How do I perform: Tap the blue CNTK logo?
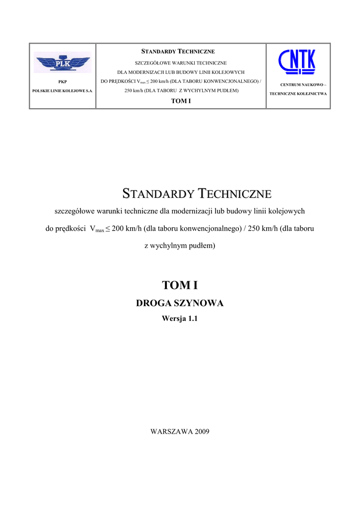pos(297,62)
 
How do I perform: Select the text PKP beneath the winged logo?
pos(63,81)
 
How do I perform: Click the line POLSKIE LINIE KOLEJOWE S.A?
pos(63,91)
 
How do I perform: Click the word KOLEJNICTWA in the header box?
pos(311,93)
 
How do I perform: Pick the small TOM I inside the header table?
pos(181,101)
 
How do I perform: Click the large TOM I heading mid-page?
pos(180,285)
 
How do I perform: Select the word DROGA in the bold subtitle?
pos(153,303)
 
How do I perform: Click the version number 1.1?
pos(192,319)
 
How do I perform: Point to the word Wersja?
pos(173,319)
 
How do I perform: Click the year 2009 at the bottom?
pos(200,431)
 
